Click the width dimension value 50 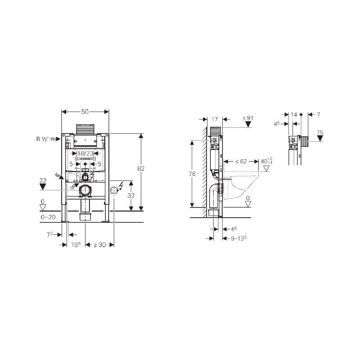click(x=85, y=111)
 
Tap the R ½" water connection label click(x=44, y=139)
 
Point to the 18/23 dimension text click(x=85, y=153)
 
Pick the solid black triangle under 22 click(x=43, y=186)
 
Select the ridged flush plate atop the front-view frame click(x=85, y=129)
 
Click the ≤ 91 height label click(x=248, y=118)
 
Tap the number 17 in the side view click(x=214, y=119)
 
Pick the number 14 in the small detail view click(x=294, y=115)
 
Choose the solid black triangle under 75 click(x=319, y=139)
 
